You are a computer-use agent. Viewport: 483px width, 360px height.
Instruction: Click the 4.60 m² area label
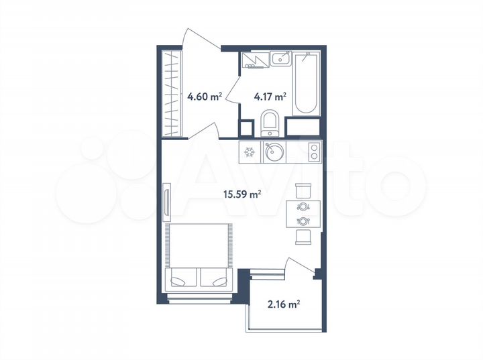point(205,96)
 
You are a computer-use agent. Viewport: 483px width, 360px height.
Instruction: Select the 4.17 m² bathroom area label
point(270,96)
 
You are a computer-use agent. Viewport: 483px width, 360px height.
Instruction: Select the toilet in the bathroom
point(270,125)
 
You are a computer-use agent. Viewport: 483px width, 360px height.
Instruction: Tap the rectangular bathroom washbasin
point(281,59)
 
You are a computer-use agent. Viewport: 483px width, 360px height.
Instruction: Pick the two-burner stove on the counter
point(313,153)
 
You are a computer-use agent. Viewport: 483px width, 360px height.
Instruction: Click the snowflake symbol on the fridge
point(250,152)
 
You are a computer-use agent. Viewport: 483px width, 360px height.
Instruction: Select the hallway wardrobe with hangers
point(172,93)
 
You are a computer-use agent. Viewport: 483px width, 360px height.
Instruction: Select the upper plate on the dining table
point(303,206)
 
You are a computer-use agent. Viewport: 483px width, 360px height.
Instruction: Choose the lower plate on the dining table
point(303,220)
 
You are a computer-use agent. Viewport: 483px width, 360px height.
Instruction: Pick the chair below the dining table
point(303,237)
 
